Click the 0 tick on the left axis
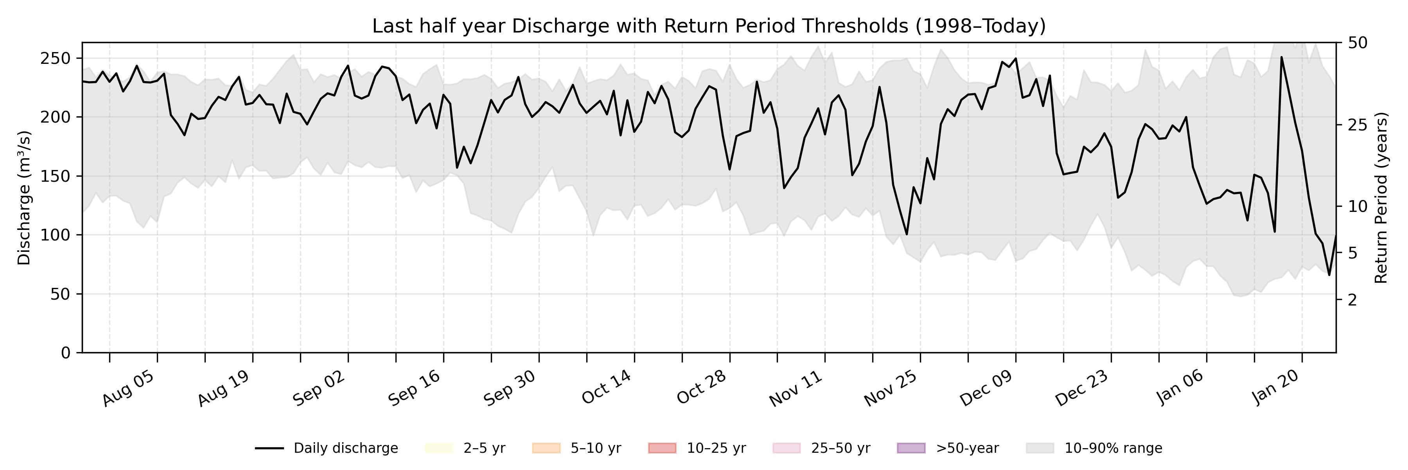tap(66, 353)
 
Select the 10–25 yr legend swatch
tap(662, 448)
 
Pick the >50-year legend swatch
tap(911, 448)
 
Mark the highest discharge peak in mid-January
tap(1281, 57)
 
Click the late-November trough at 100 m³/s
tap(907, 234)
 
